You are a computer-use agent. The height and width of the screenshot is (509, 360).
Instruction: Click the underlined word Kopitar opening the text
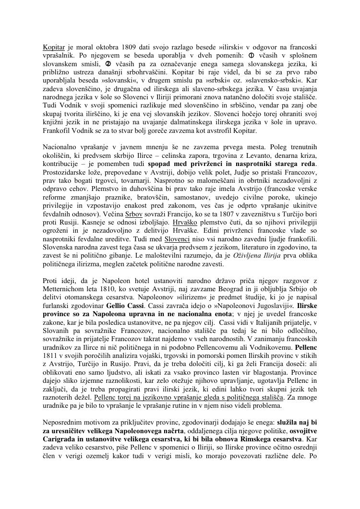pyautogui.click(x=54, y=47)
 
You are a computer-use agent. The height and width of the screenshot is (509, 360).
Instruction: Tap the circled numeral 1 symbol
pyautogui.click(x=250, y=55)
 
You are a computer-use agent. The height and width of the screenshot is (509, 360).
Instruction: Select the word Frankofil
pyautogui.click(x=57, y=131)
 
